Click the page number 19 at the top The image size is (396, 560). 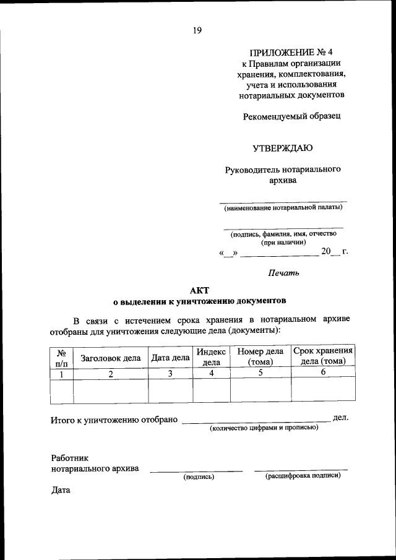(x=197, y=30)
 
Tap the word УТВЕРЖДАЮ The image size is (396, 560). (x=282, y=148)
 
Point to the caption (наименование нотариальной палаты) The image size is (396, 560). (x=283, y=207)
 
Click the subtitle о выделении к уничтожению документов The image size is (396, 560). (x=199, y=301)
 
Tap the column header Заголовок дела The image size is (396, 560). (x=111, y=358)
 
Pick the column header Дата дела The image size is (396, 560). (x=170, y=358)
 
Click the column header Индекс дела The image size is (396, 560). (x=212, y=357)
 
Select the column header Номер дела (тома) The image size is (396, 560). (x=260, y=357)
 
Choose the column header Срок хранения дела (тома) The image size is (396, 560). (x=323, y=356)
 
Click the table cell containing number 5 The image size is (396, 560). (x=260, y=373)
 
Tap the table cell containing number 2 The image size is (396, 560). (x=111, y=373)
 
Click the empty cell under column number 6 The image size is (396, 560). (x=323, y=390)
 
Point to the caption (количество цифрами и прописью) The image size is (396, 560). (x=264, y=428)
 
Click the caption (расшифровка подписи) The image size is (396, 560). (x=303, y=476)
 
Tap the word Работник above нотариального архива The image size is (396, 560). (x=70, y=458)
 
